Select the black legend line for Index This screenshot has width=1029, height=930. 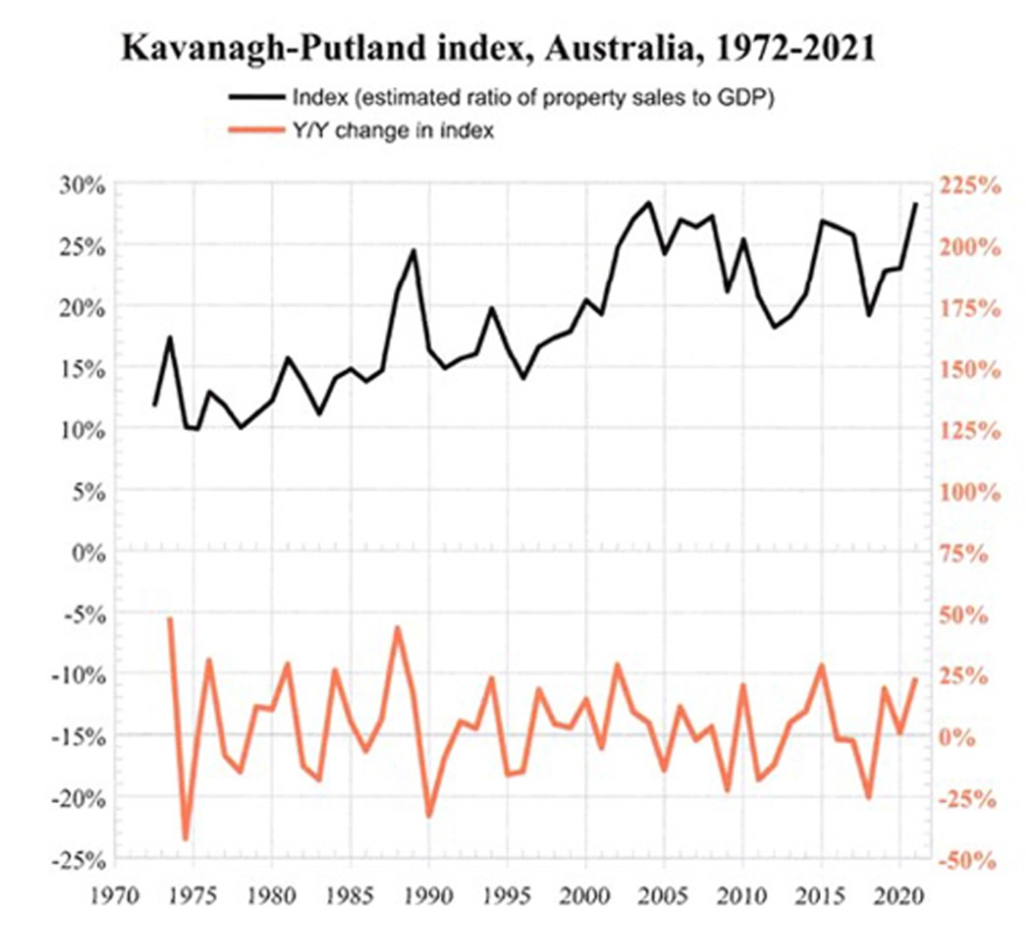257,97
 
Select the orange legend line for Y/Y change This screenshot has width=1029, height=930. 257,130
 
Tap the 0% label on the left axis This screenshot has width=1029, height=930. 88,553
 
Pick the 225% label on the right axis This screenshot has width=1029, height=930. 970,186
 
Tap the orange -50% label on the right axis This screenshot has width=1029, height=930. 967,861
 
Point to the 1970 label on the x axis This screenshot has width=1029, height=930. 115,897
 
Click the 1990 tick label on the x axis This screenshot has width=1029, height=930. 429,897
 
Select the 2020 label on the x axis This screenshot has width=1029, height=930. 899,897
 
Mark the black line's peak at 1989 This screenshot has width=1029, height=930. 414,250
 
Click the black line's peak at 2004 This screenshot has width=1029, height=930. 649,203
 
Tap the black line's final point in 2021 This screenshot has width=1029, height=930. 916,203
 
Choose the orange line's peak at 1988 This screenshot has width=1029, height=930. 397,627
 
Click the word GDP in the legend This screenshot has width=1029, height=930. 742,98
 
